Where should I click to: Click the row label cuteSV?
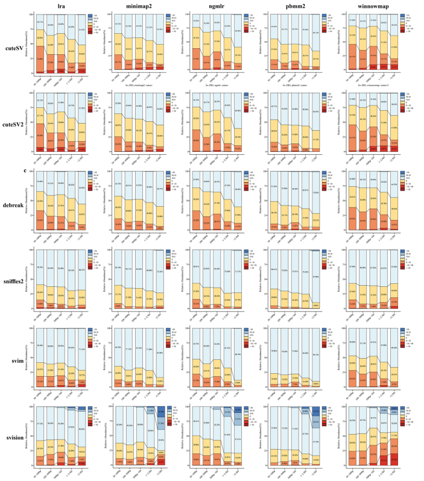14,47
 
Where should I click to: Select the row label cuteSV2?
14,127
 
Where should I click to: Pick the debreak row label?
14,204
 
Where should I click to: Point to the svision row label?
14,439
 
